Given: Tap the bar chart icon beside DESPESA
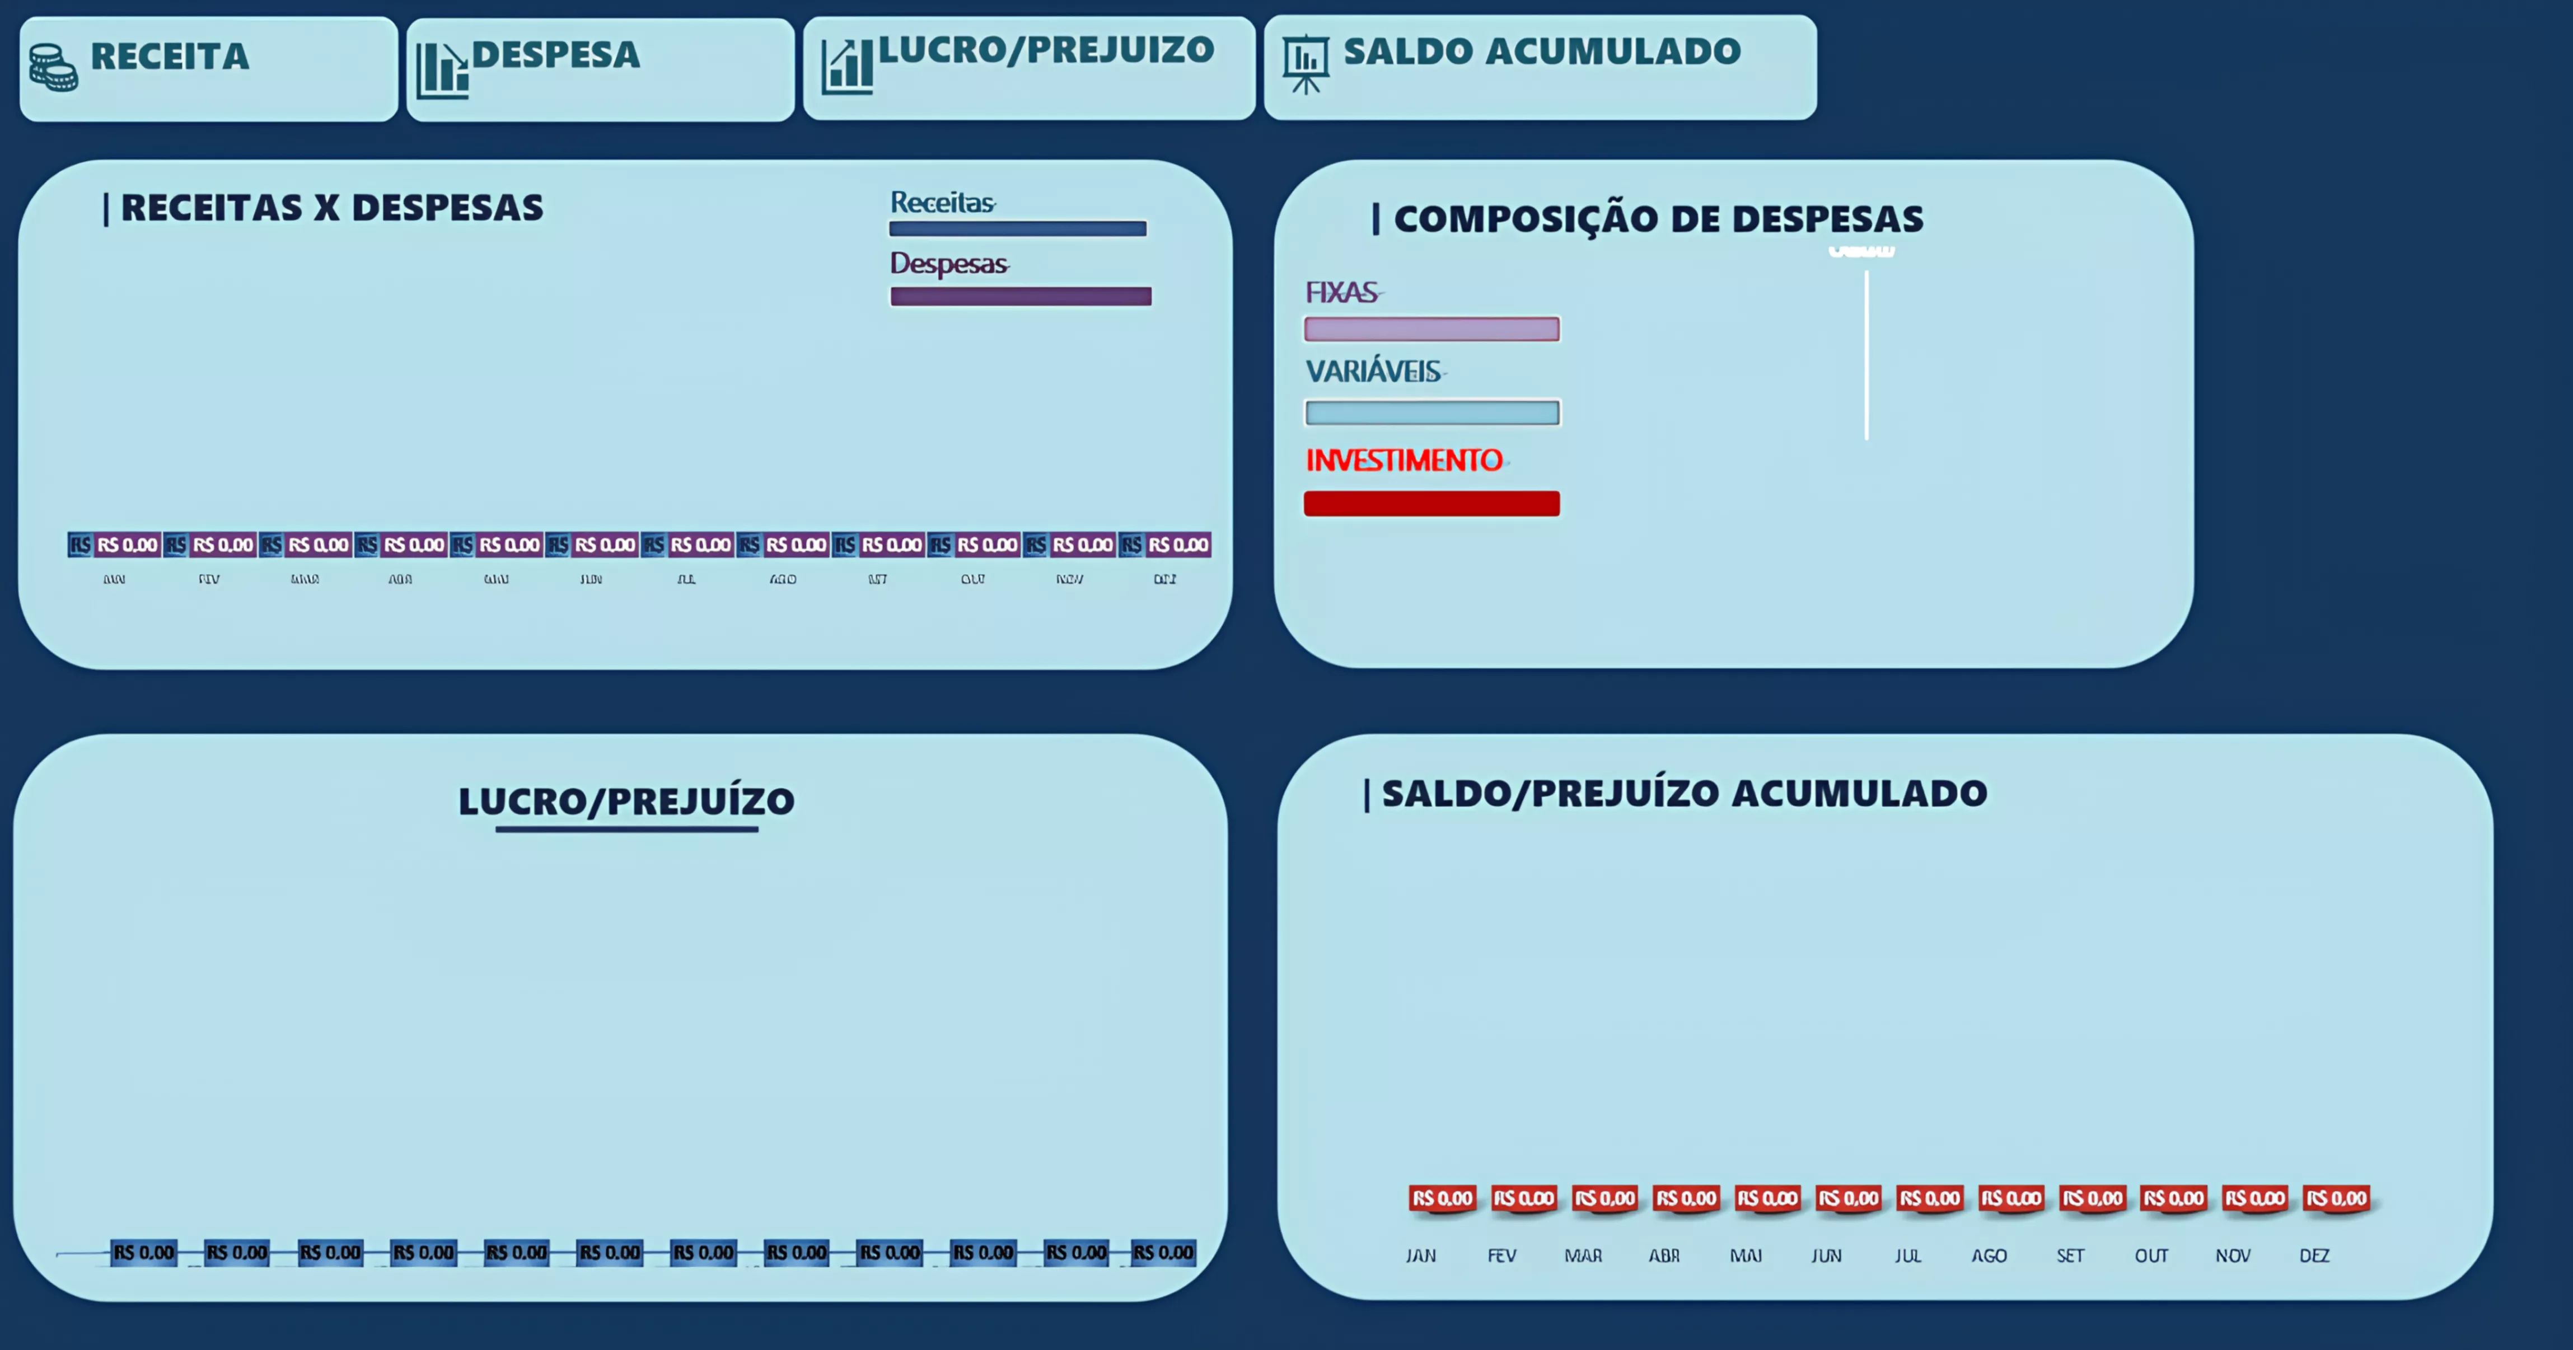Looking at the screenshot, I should [441, 70].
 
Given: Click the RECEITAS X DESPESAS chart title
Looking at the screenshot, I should [331, 208].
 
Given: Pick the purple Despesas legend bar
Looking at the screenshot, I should [1021, 297].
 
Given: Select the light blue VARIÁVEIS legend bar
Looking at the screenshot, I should [1431, 412].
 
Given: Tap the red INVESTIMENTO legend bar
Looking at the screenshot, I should [1431, 503].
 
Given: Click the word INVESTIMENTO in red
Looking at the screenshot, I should [1404, 460].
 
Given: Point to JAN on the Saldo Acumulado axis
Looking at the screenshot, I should [1420, 1255].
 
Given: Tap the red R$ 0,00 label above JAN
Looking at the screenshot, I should [1442, 1198].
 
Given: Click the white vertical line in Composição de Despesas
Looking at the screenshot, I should [1866, 354].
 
